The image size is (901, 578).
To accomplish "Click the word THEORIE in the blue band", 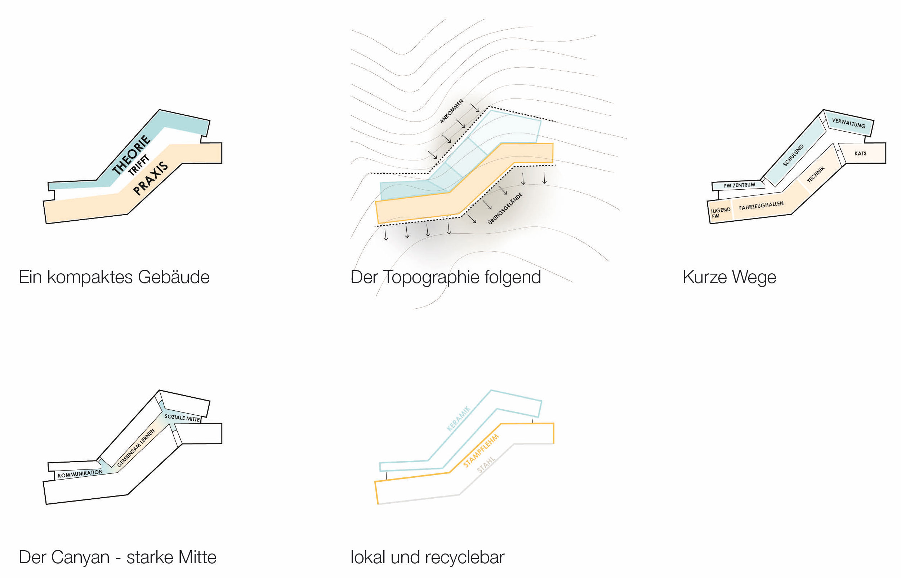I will pos(131,155).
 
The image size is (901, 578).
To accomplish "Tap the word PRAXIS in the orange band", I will pos(150,178).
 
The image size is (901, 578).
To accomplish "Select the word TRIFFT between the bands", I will pos(138,165).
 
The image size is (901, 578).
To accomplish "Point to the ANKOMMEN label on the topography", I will pos(451,111).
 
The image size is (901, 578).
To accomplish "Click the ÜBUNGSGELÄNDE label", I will pos(505,209).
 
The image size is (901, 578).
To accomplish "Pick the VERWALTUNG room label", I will pos(848,123).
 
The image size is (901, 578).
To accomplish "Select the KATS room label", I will pos(860,154).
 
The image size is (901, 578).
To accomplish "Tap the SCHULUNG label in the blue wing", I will pos(793,155).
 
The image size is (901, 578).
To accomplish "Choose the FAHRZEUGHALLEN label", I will pos(761,206).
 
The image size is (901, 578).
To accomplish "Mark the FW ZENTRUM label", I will pos(739,185).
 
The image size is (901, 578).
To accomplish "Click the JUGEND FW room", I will pos(720,213).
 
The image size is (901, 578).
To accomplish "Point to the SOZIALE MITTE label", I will pos(182,418).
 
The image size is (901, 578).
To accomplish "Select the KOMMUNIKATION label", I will pos(80,474).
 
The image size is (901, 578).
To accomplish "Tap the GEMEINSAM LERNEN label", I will pos(136,448).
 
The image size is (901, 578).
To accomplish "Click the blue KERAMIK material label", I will pos(458,419).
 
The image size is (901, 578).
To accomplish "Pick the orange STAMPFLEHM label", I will pos(481,451).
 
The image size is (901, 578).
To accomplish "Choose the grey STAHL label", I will pos(486,465).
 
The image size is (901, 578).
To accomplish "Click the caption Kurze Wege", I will pos(729,277).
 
